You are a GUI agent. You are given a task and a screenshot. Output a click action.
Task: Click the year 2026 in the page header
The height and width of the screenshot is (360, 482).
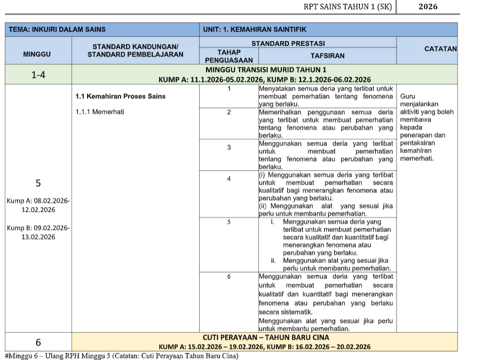click(428, 6)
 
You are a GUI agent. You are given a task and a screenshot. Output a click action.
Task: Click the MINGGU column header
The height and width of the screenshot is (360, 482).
click(37, 54)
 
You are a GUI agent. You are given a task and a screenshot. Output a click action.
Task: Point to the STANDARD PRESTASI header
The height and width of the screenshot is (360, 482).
click(288, 43)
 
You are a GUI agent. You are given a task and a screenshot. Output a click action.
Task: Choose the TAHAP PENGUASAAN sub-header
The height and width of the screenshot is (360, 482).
click(228, 56)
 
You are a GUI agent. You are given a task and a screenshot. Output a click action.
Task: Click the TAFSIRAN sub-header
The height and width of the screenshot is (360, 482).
click(327, 55)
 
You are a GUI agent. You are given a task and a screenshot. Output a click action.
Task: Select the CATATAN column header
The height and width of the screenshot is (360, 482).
click(440, 49)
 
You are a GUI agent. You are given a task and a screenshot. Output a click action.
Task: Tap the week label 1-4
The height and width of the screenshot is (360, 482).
click(37, 75)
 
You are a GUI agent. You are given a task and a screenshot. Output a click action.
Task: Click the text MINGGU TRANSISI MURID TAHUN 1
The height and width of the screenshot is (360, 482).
click(265, 70)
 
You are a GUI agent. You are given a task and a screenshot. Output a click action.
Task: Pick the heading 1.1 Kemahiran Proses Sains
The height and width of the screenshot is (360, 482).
click(120, 96)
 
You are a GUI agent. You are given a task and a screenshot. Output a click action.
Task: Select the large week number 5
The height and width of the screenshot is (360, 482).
click(38, 183)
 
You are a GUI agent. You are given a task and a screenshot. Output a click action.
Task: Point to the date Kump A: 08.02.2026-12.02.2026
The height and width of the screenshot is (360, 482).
click(38, 205)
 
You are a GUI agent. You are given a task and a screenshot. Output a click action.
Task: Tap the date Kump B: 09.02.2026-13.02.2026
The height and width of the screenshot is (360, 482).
click(38, 233)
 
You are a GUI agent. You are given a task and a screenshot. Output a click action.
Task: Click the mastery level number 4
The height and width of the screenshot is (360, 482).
click(228, 179)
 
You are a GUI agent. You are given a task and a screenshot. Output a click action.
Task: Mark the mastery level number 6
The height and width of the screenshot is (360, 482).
click(228, 277)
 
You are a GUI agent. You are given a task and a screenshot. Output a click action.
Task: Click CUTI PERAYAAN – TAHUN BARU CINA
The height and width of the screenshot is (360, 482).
click(265, 337)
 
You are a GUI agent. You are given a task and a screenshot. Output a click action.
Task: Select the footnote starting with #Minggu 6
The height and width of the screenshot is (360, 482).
click(121, 356)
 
